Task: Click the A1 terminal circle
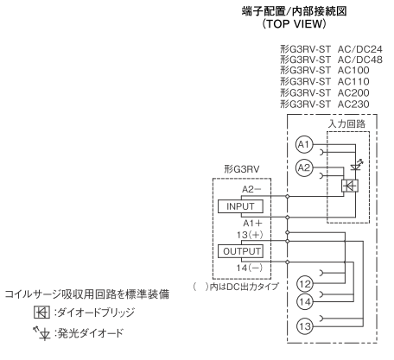pyautogui.click(x=302, y=144)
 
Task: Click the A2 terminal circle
pyautogui.click(x=302, y=169)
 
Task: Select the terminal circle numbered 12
pyautogui.click(x=304, y=283)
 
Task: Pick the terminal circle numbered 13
pyautogui.click(x=304, y=327)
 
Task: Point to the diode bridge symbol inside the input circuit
pyautogui.click(x=350, y=185)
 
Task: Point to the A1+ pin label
pyautogui.click(x=252, y=222)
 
